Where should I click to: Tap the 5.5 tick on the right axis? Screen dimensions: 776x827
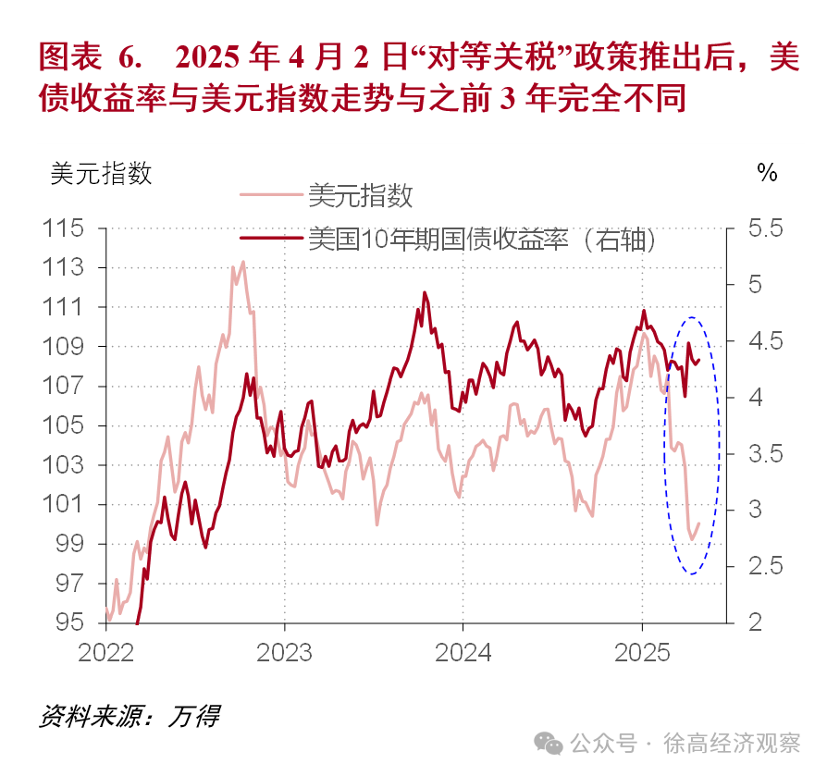pos(763,228)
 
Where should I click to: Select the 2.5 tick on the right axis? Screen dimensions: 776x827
pos(763,566)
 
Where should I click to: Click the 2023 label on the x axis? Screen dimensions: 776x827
pos(284,652)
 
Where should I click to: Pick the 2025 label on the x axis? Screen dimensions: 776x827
pos(642,652)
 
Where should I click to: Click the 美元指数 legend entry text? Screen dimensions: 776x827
pos(360,195)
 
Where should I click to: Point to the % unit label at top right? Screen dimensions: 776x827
pos(767,173)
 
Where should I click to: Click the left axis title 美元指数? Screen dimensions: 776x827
pos(102,173)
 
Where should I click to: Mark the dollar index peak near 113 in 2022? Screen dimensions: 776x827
pos(243,262)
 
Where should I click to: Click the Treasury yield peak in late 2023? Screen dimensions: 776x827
pos(425,293)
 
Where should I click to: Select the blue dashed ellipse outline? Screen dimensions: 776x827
pos(719,444)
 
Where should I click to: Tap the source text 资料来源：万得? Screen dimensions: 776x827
pos(130,716)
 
